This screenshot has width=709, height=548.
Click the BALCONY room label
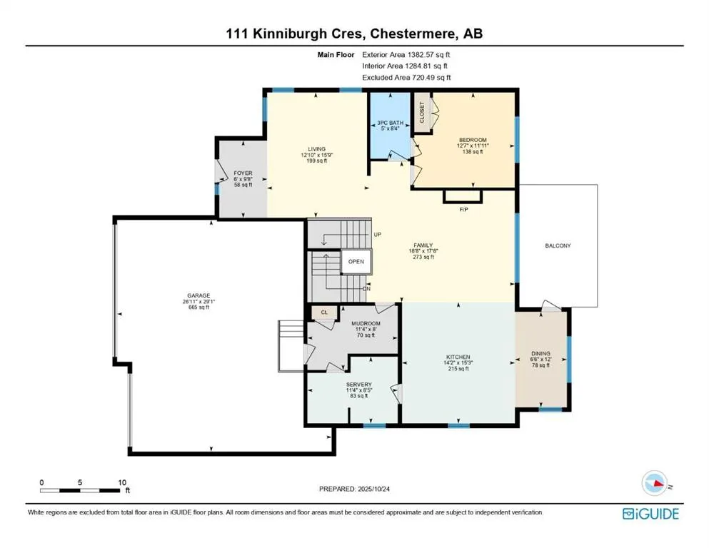(558, 245)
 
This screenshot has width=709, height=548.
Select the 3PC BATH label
(390, 123)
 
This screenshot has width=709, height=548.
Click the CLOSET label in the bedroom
(421, 113)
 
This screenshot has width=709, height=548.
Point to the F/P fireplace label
(463, 210)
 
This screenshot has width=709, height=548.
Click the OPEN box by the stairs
(356, 262)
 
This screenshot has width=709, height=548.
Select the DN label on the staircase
(366, 288)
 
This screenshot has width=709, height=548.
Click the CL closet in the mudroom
(323, 312)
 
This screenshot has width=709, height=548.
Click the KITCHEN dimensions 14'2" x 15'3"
(457, 363)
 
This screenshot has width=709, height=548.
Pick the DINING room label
(540, 352)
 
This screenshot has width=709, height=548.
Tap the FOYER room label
(243, 173)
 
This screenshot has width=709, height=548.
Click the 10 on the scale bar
(121, 482)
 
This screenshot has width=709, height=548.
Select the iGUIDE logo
(650, 513)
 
